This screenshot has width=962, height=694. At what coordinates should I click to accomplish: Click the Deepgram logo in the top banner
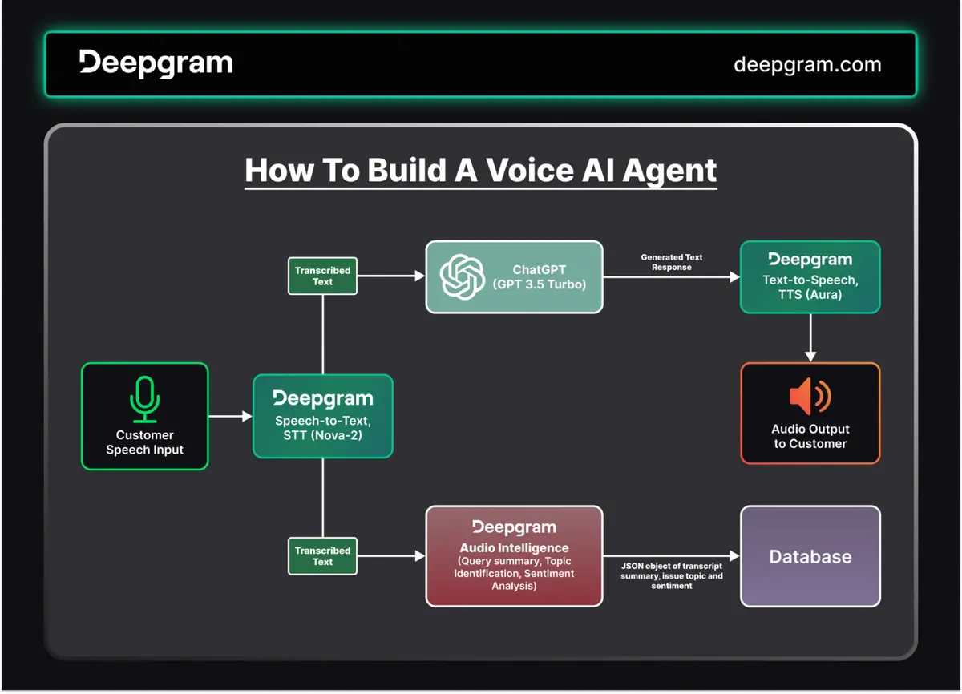(x=156, y=63)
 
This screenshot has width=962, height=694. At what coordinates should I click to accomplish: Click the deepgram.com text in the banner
(x=806, y=65)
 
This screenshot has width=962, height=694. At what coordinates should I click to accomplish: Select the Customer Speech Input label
(x=145, y=442)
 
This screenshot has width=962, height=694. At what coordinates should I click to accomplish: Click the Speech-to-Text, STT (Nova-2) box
(x=322, y=417)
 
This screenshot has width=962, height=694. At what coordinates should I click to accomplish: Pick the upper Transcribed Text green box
(x=322, y=276)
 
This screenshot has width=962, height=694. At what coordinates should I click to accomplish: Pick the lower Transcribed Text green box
(x=322, y=556)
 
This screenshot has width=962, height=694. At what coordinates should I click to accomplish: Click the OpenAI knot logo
(x=463, y=276)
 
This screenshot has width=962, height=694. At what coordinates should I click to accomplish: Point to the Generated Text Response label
(x=671, y=262)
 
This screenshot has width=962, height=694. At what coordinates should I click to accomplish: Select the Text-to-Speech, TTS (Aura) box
(x=810, y=277)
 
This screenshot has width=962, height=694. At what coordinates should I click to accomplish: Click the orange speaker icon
(x=810, y=397)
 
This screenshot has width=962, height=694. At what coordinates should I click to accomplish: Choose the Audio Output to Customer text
(x=810, y=436)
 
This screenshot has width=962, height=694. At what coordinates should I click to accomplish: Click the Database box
(x=810, y=556)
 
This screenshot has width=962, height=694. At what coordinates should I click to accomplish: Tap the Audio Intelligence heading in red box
(x=513, y=548)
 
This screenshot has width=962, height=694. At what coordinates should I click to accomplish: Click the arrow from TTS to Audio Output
(x=810, y=337)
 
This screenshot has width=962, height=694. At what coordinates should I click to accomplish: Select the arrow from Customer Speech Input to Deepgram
(x=230, y=416)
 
